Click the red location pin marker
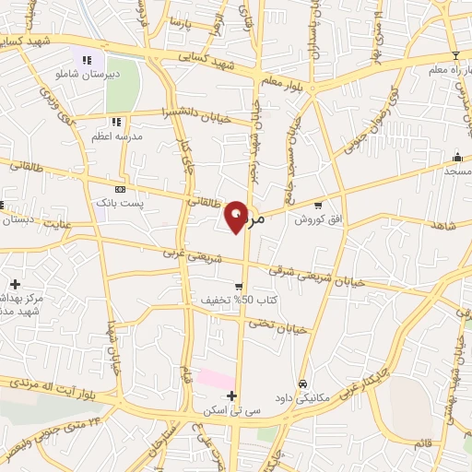tap(237, 216)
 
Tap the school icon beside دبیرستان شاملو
tap(88, 61)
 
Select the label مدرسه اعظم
tap(114, 136)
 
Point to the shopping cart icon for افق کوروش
tap(318, 205)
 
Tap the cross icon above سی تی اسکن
tap(231, 395)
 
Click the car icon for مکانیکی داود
tap(302, 383)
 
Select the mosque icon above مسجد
tap(457, 157)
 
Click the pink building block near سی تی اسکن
tap(216, 379)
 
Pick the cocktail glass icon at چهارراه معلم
tap(454, 56)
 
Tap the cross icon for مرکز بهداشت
tap(15, 284)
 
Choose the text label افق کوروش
tap(313, 219)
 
